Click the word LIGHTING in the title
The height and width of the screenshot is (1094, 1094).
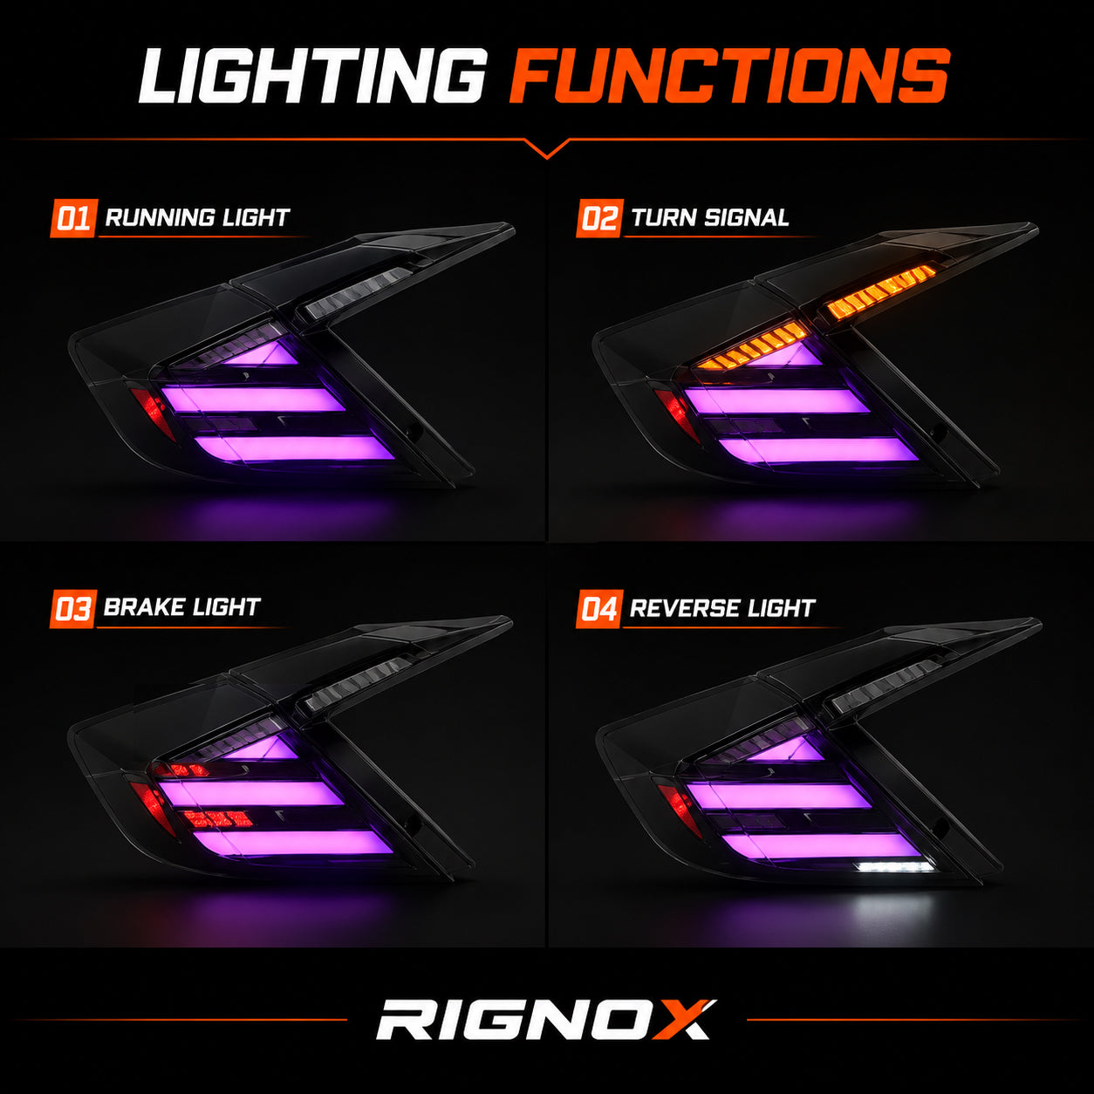pos(313,76)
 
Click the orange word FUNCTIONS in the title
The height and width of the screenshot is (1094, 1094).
pos(729,76)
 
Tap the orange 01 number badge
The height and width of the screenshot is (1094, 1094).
pos(73,218)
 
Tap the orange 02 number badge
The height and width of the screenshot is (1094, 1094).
pos(599,218)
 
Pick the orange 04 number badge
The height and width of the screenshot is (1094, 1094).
pos(599,609)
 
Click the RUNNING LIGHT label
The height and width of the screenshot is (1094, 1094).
pos(197,217)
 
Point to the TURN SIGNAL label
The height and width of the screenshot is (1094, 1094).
pos(709,217)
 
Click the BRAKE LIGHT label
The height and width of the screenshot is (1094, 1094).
pos(181,607)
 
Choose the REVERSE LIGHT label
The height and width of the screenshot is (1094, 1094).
pos(722,608)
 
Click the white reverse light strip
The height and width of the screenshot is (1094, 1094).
pos(895,867)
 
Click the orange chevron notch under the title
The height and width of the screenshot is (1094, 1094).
pos(547,148)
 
